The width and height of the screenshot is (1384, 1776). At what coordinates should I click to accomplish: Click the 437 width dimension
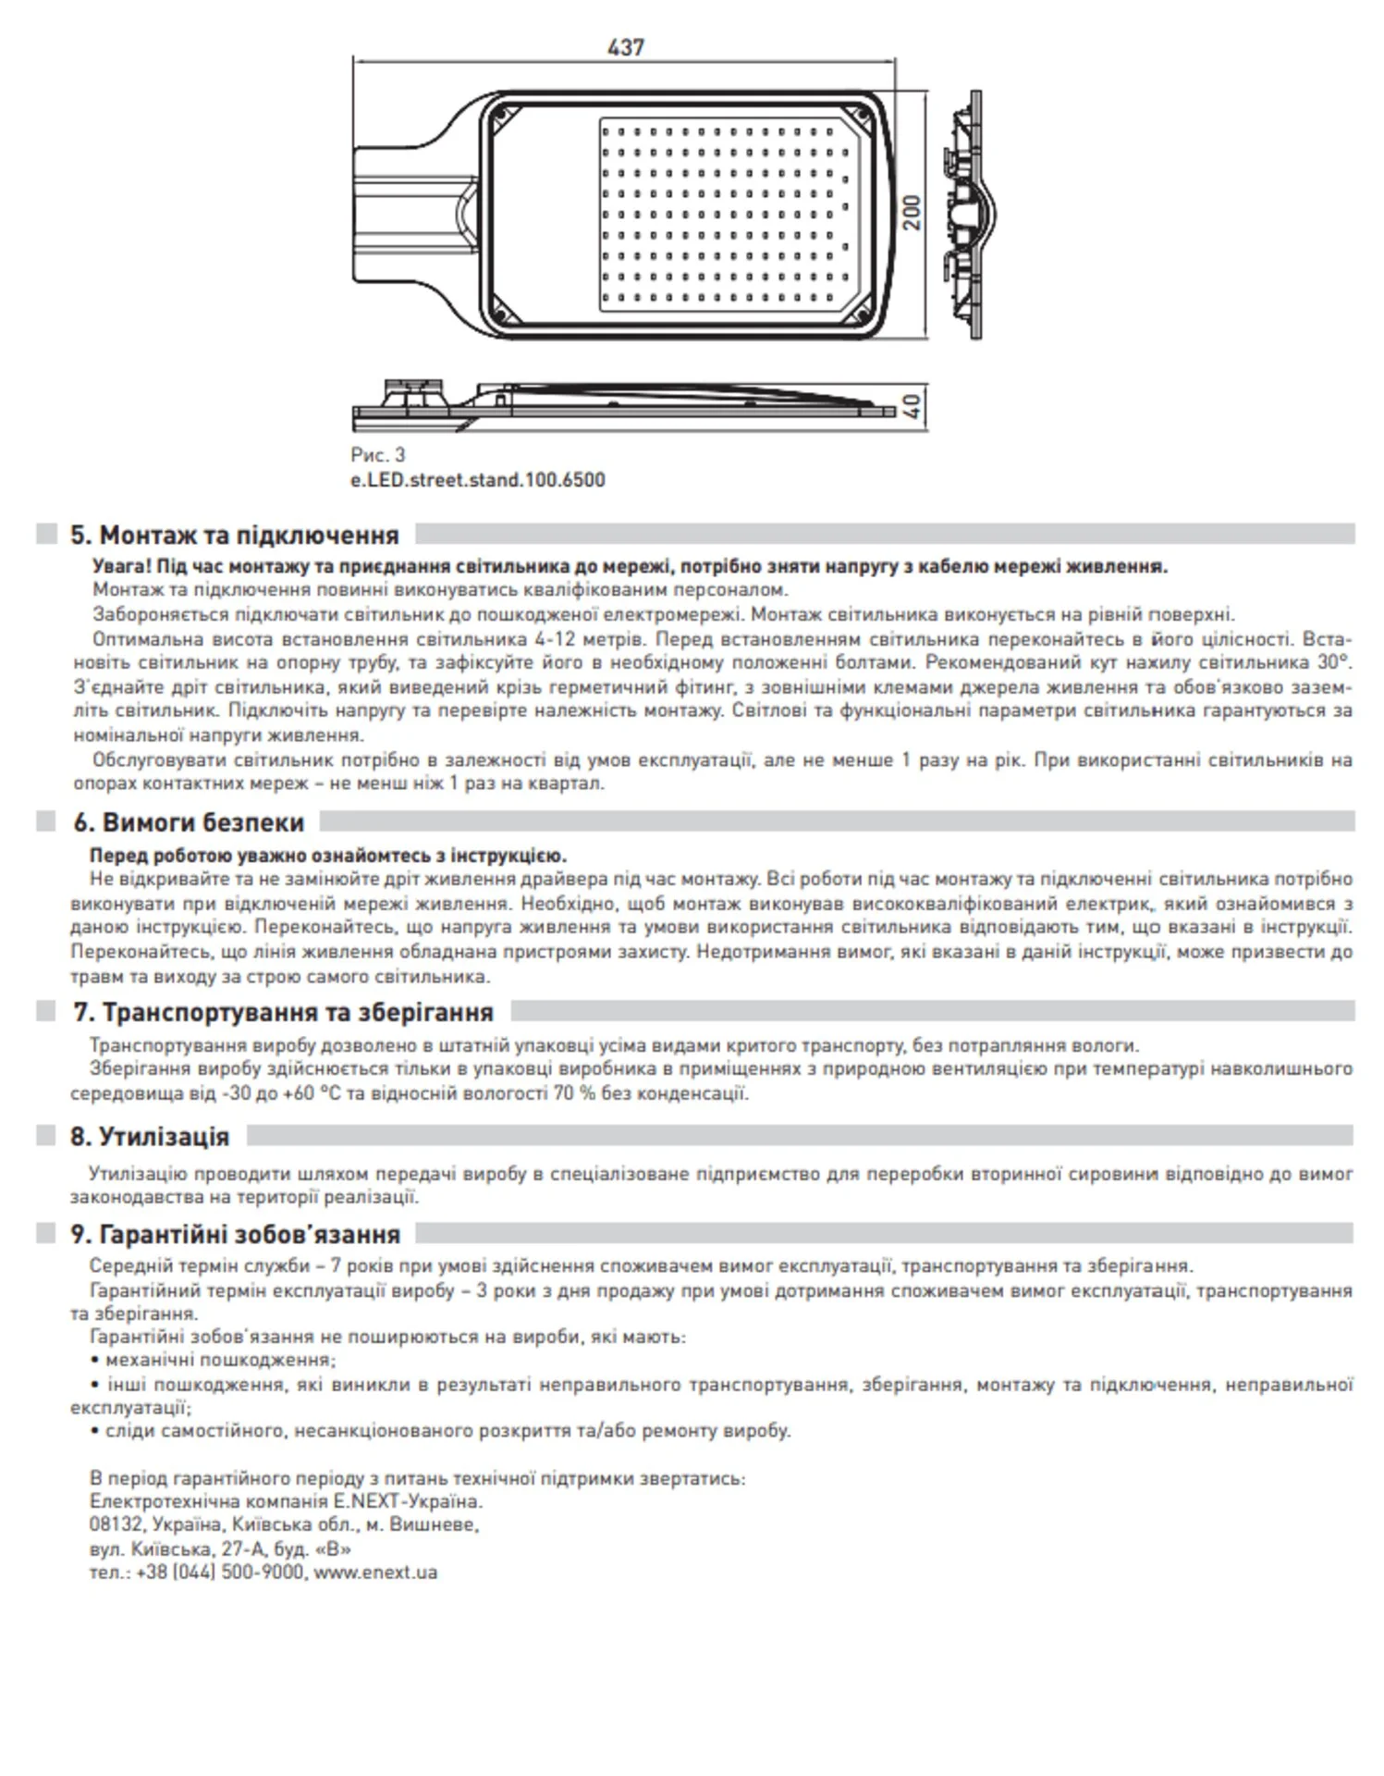[x=625, y=47]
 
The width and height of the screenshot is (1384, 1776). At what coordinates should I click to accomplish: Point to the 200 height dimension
[x=912, y=213]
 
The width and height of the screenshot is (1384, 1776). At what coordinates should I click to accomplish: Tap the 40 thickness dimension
[x=912, y=405]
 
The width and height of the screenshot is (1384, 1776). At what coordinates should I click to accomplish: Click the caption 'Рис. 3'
[x=377, y=455]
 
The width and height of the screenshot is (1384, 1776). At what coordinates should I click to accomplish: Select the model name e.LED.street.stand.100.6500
[x=478, y=480]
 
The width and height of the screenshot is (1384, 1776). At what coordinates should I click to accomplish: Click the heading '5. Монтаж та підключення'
[x=235, y=536]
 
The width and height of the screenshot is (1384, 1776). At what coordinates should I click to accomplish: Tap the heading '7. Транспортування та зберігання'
[x=283, y=1012]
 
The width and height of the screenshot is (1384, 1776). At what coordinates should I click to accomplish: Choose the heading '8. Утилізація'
[x=150, y=1137]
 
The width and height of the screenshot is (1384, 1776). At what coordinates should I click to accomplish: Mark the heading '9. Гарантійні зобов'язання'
[x=236, y=1235]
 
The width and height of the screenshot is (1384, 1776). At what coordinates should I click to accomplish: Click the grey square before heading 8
[x=46, y=1136]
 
